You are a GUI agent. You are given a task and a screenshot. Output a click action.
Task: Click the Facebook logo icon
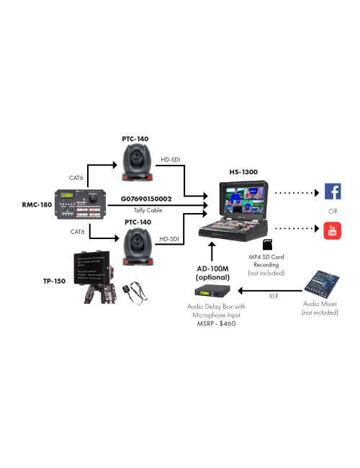click(333, 192)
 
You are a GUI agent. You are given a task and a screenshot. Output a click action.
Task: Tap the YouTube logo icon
click(333, 231)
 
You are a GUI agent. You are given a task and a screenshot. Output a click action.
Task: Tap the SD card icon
click(268, 244)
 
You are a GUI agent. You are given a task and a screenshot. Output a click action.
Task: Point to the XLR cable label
click(274, 296)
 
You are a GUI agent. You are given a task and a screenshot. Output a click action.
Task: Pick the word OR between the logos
click(333, 211)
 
